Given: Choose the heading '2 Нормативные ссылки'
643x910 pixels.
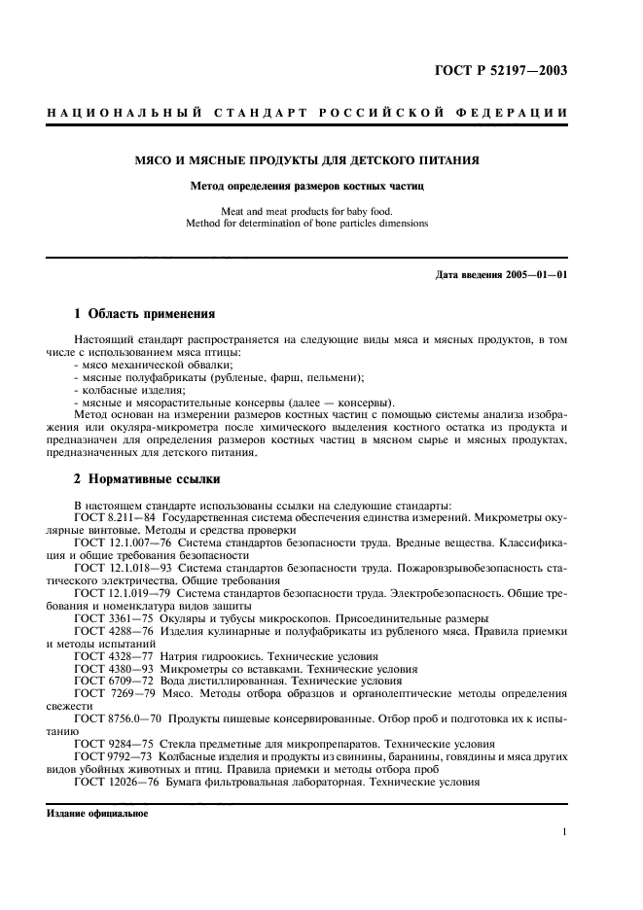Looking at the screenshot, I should click(147, 479).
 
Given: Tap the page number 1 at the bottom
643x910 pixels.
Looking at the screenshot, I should click(565, 832).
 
